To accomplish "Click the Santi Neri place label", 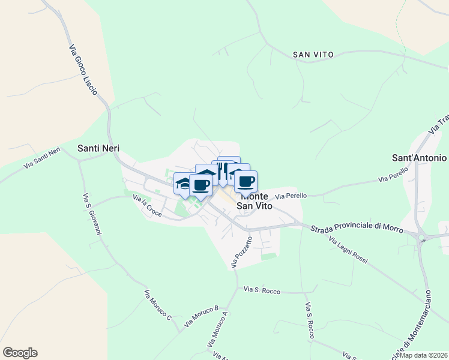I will click(x=97, y=147).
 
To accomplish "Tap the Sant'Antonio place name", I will click(x=419, y=158).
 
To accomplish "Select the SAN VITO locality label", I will click(x=313, y=55).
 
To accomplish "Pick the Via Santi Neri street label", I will click(x=43, y=157).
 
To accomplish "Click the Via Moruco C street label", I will click(x=158, y=305).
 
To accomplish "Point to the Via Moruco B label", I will click(x=201, y=316).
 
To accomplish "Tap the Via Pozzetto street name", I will click(x=243, y=251).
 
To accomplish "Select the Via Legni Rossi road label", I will click(x=348, y=249).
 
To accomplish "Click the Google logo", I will click(x=20, y=353).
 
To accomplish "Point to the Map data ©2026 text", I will click(x=423, y=355).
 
